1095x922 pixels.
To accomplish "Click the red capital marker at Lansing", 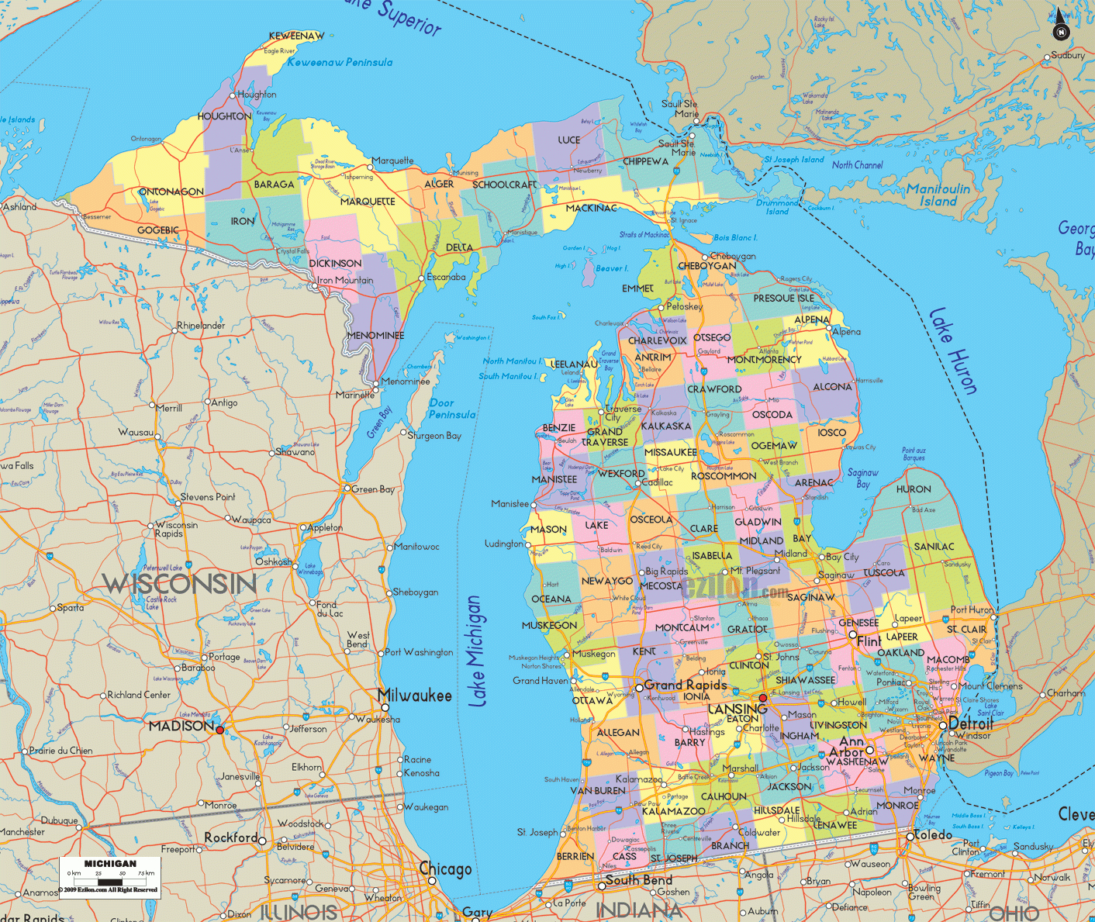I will [762, 699].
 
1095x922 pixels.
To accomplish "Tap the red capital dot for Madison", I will [220, 730].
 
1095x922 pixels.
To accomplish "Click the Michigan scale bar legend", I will [110, 877].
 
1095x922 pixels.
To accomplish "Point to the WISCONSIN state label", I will [179, 583].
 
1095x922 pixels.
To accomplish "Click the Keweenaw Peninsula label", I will [340, 62].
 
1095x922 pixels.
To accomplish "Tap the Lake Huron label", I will [952, 350].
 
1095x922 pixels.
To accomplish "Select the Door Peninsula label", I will [452, 409].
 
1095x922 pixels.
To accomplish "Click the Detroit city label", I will [971, 723].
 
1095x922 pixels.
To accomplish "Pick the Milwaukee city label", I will [415, 696].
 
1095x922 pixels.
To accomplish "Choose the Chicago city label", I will [446, 869].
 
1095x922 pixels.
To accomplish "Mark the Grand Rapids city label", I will [686, 685].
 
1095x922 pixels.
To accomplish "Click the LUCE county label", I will [568, 140].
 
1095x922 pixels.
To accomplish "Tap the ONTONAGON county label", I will [171, 192].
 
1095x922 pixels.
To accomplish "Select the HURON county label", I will [914, 489].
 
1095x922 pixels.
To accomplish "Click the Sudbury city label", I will [1068, 56].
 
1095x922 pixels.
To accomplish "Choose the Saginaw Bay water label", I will [862, 478].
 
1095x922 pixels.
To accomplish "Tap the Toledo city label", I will [933, 835].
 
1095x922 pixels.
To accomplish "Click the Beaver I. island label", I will [612, 268].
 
